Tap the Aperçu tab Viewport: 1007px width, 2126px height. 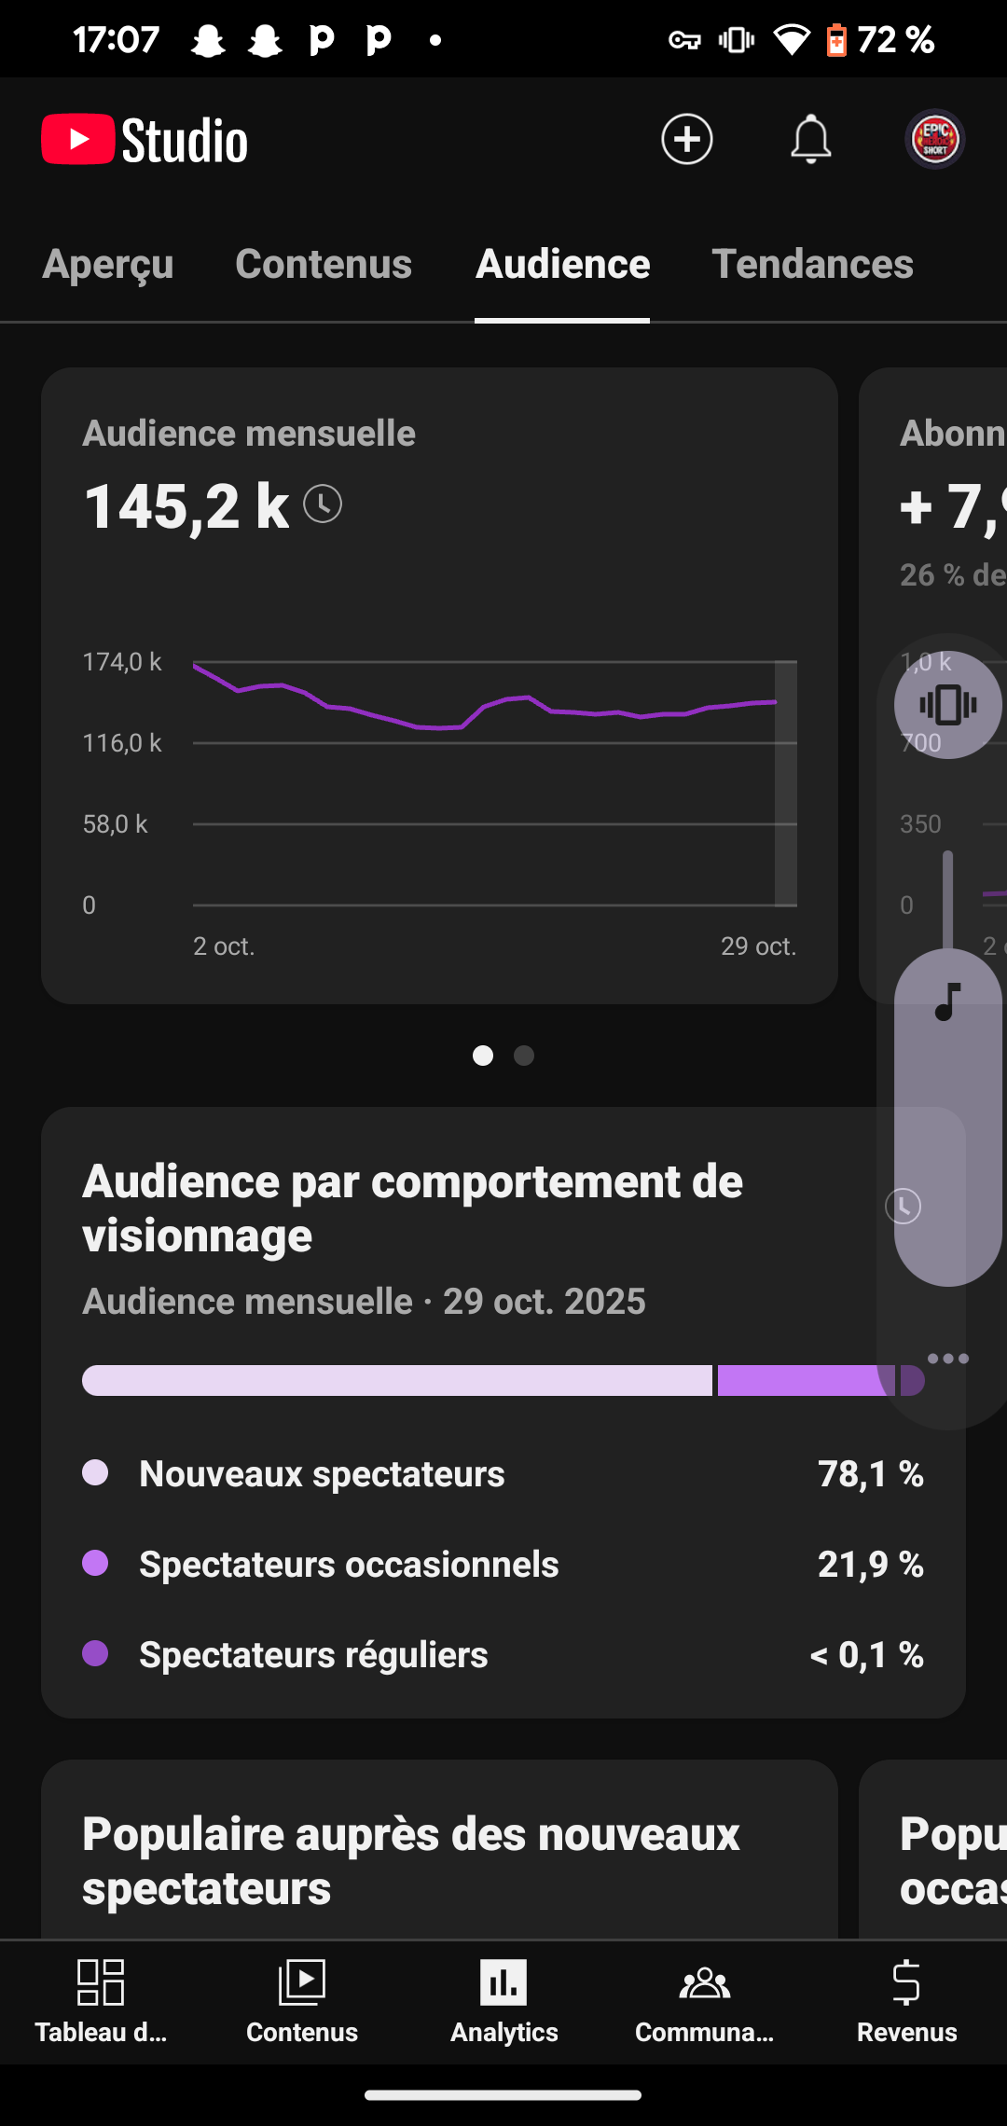pos(108,264)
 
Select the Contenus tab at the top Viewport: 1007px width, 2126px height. pos(324,264)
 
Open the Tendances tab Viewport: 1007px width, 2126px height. pos(812,264)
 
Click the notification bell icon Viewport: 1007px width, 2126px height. pos(810,140)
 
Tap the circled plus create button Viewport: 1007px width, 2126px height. pos(687,140)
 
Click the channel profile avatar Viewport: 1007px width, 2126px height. pos(935,140)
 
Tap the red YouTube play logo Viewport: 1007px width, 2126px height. pos(78,140)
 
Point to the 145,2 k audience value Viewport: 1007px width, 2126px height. pos(186,506)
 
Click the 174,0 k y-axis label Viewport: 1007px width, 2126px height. pos(122,662)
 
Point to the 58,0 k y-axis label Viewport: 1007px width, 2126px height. pos(116,824)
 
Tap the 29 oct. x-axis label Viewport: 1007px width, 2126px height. pos(758,946)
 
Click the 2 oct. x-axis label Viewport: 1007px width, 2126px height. pos(224,946)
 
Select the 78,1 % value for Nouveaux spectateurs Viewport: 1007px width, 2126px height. pos(870,1474)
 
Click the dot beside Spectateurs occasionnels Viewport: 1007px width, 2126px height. pos(95,1563)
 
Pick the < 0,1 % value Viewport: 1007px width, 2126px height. pos(866,1655)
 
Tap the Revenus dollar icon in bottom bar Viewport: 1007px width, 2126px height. pos(906,1981)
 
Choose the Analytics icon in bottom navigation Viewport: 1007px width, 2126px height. pos(504,1981)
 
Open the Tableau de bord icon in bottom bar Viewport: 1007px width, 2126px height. pos(101,1981)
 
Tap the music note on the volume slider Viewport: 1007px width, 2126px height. pos(947,1002)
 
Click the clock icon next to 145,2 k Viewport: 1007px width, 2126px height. pos(323,504)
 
